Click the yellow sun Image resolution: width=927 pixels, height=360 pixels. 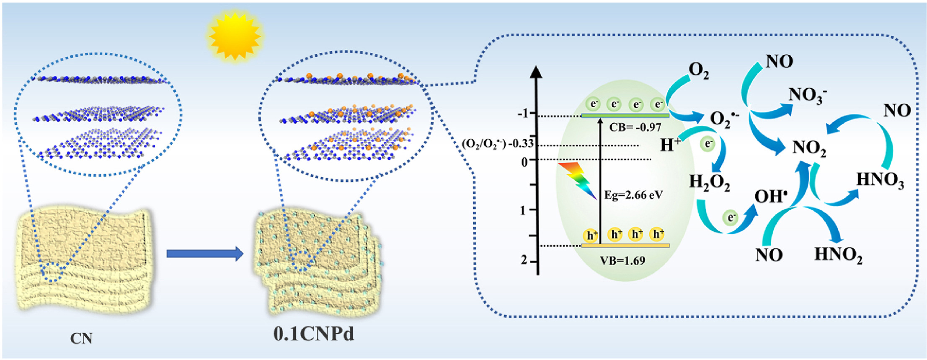pyautogui.click(x=235, y=36)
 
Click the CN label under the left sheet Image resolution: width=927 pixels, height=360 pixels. pyautogui.click(x=81, y=338)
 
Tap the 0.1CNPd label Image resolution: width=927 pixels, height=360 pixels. pyautogui.click(x=313, y=334)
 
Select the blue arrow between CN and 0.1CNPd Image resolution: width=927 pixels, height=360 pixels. pyautogui.click(x=205, y=254)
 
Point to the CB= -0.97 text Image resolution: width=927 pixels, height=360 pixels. pyautogui.click(x=635, y=127)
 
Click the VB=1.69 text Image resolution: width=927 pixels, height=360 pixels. pyautogui.click(x=622, y=261)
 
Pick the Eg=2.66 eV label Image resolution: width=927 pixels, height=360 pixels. pyautogui.click(x=633, y=195)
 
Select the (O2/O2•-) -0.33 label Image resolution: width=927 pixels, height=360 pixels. pyautogui.click(x=498, y=144)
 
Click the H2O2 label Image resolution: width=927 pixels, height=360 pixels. pyautogui.click(x=710, y=183)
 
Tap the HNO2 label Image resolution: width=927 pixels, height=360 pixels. pyautogui.click(x=838, y=255)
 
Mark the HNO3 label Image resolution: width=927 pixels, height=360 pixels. pyautogui.click(x=880, y=180)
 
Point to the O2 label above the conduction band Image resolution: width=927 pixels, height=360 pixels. pyautogui.click(x=699, y=71)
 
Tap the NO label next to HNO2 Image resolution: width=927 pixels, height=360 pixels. pyautogui.click(x=769, y=255)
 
